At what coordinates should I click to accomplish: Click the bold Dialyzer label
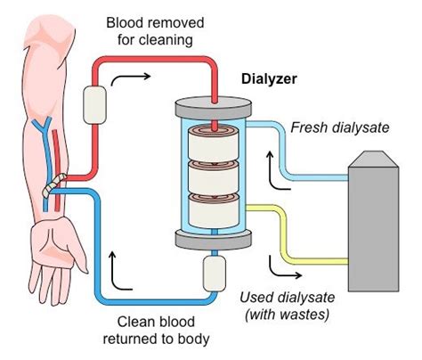(x=270, y=78)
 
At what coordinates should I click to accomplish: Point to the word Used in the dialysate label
(x=258, y=297)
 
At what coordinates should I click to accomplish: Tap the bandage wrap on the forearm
(x=58, y=184)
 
